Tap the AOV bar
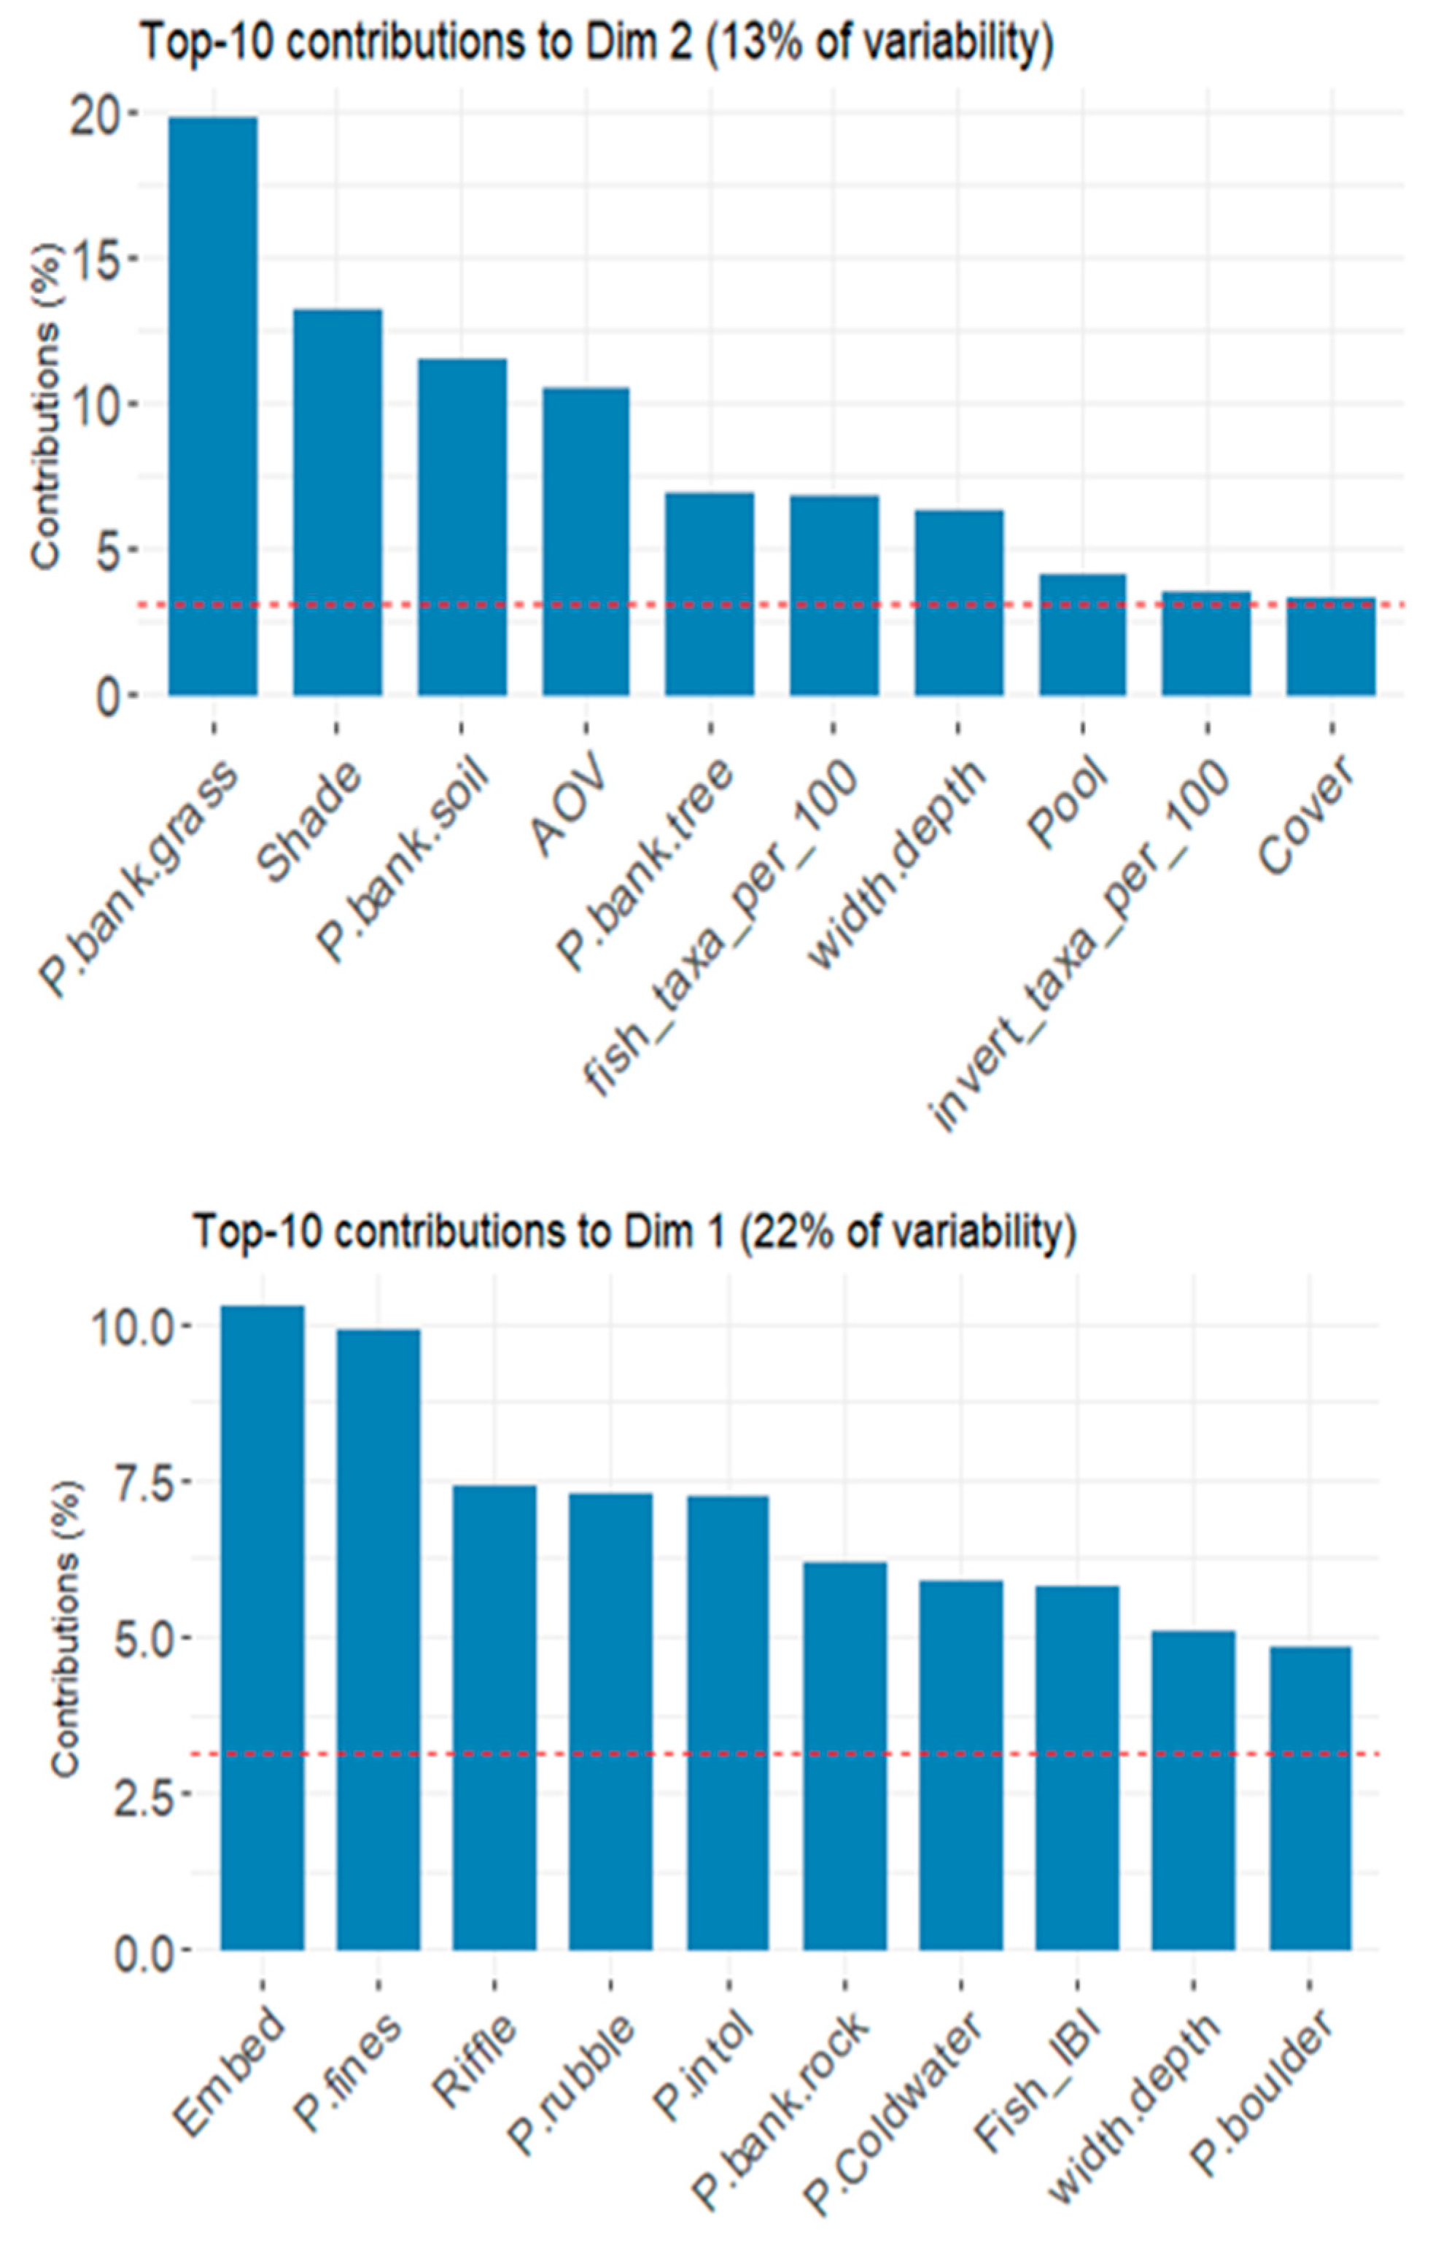(x=586, y=541)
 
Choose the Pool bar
(x=1082, y=635)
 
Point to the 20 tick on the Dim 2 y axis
(x=100, y=113)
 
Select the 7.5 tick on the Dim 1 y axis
(x=144, y=1481)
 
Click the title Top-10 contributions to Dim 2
(x=597, y=43)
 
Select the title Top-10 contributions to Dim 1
(x=634, y=1231)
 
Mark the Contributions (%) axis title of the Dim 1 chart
(x=66, y=1629)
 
